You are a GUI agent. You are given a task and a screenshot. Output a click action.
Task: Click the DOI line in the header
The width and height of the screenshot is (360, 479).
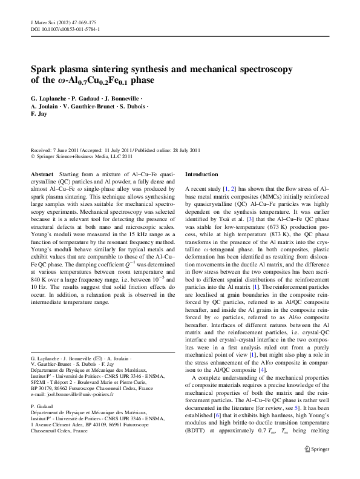[65, 28]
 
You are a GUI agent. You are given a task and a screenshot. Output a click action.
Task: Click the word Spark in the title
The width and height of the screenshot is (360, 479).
[48, 69]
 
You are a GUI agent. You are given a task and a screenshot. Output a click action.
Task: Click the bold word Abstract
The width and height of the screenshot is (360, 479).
[42, 174]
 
